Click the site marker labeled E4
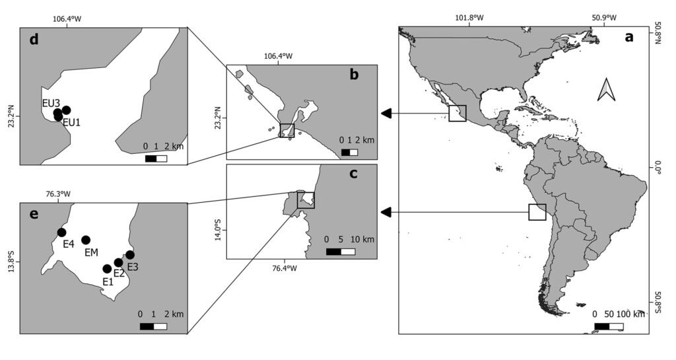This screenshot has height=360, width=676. (x=61, y=233)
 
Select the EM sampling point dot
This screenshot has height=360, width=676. (x=86, y=240)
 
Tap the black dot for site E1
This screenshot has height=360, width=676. (x=108, y=269)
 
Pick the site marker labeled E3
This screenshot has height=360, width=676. (x=130, y=255)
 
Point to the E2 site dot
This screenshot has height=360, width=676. (x=119, y=262)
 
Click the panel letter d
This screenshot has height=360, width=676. (x=34, y=40)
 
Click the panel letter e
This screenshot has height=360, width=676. (x=34, y=214)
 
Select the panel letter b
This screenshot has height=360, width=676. (x=354, y=75)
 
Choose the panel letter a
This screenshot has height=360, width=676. (x=629, y=37)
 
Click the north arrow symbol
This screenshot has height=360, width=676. (x=606, y=90)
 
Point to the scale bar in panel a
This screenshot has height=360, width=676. (x=609, y=326)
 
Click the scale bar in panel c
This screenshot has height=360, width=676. (x=341, y=252)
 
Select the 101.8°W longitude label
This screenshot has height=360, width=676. (x=469, y=18)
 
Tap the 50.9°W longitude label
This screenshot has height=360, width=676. (x=604, y=18)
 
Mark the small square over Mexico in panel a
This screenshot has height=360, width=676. (x=457, y=114)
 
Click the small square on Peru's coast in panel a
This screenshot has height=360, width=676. (x=537, y=212)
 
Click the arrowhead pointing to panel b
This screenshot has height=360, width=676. (x=386, y=114)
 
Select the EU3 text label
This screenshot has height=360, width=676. (x=51, y=104)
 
